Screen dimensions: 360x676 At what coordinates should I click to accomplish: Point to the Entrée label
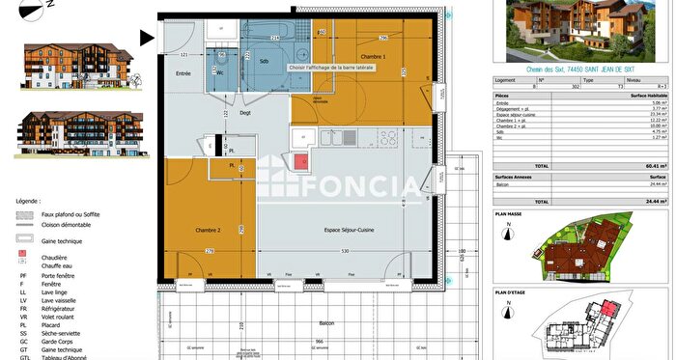click(183, 72)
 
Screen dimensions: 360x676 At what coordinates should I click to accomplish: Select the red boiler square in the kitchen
click(299, 163)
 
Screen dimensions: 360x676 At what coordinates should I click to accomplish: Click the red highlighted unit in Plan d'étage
click(607, 334)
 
